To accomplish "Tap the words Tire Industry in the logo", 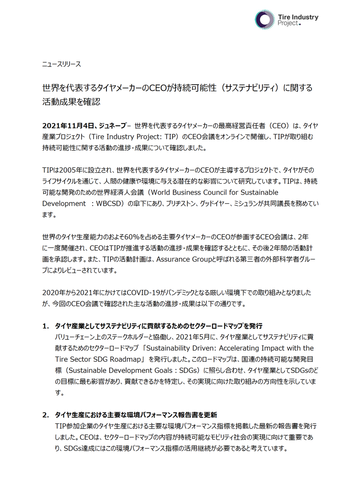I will click(298, 17).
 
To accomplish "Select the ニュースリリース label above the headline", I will click(61, 64).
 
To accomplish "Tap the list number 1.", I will click(46, 326).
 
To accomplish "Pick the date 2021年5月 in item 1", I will click(192, 337).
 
